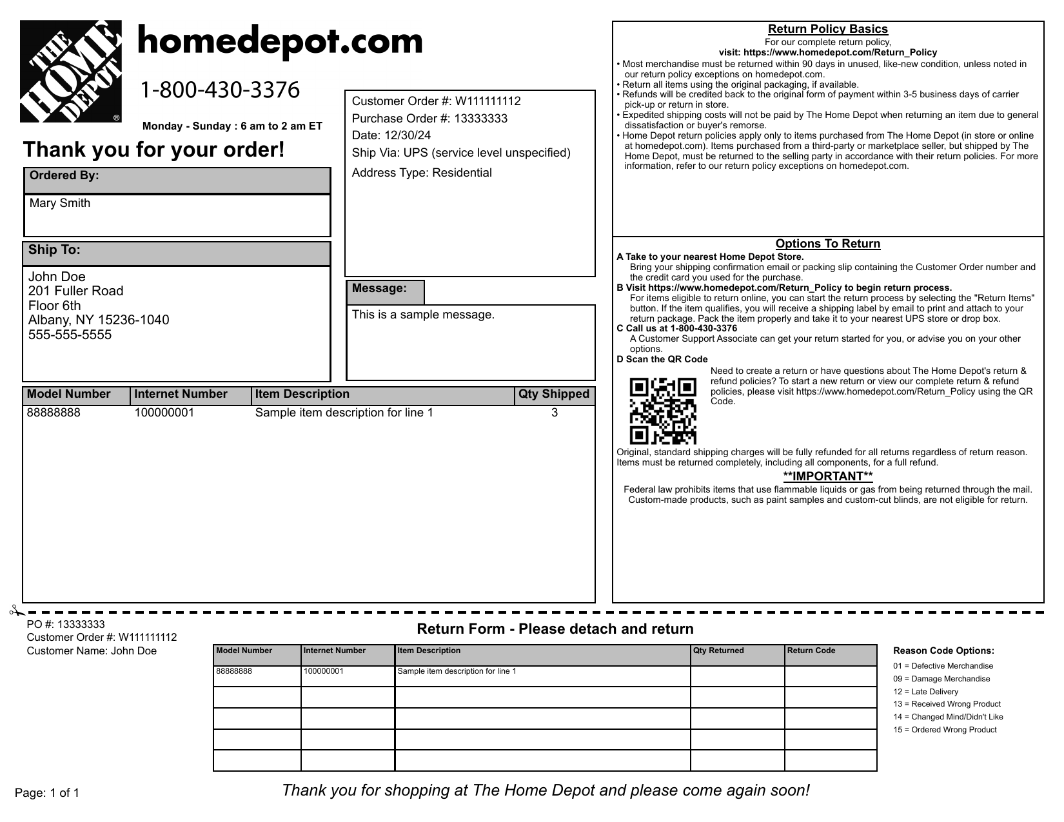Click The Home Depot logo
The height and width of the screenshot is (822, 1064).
[x=71, y=72]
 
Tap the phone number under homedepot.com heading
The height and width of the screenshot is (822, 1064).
[x=220, y=90]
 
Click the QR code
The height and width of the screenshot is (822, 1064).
[x=663, y=411]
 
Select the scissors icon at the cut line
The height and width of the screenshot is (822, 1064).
[x=15, y=610]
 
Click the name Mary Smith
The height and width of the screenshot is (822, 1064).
[x=60, y=203]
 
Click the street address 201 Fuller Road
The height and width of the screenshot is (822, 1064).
[x=75, y=291]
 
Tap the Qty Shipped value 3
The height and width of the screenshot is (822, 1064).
[x=555, y=413]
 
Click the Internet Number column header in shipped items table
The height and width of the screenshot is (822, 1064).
[x=181, y=395]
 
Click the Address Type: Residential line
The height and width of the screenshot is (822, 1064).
[x=422, y=173]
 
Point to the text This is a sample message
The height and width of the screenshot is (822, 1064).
[x=423, y=315]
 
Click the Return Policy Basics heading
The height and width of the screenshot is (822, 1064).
[x=827, y=29]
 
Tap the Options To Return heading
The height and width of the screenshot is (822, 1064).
[x=827, y=244]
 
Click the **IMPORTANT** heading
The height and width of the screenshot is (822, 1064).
[x=827, y=476]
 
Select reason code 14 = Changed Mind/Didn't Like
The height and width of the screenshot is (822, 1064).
[x=948, y=717]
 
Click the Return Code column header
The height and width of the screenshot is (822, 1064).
[x=811, y=651]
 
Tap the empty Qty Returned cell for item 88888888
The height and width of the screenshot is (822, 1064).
[x=737, y=676]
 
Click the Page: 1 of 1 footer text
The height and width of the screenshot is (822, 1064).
[x=47, y=793]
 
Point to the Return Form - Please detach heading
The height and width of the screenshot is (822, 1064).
[x=555, y=629]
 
